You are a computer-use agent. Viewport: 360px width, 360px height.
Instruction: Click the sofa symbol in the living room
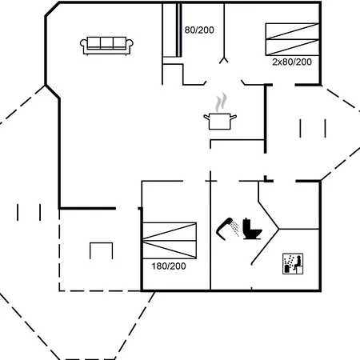coord(106,46)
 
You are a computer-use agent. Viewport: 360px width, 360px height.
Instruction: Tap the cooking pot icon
coord(220,122)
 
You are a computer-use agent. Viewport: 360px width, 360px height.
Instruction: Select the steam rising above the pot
coord(222,102)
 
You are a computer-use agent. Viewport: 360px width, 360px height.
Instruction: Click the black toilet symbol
coord(252,229)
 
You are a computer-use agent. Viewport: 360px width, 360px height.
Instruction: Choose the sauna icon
coord(293,264)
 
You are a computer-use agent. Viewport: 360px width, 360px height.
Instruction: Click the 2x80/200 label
coord(292,62)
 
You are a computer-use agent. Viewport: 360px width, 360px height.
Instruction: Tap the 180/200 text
coord(169,266)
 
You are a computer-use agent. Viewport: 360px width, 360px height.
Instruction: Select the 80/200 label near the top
coord(199,30)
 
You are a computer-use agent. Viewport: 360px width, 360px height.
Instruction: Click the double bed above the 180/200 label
coord(170,241)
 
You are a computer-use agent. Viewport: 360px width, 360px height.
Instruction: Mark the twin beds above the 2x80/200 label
coord(292,39)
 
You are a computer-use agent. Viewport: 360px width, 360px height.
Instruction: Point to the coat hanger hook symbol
coord(224,60)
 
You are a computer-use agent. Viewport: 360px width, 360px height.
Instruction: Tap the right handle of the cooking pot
coord(234,117)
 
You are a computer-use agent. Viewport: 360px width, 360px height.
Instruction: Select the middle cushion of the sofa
coord(106,42)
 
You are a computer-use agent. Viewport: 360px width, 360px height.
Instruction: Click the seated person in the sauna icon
coord(298,262)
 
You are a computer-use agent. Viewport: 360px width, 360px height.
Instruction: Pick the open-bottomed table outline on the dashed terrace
coord(102,243)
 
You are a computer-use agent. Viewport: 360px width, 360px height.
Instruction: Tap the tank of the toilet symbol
coord(246,223)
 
